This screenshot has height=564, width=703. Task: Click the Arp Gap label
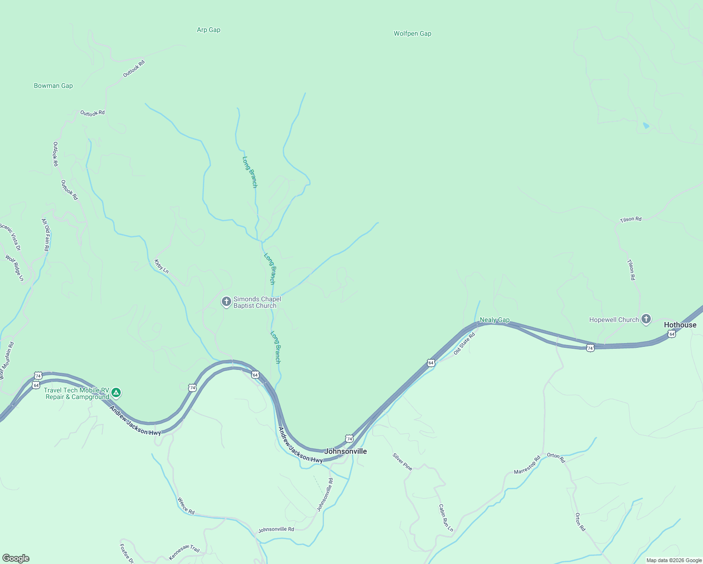(x=208, y=30)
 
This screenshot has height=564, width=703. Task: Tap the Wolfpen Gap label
(x=412, y=34)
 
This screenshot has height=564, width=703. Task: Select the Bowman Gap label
(x=53, y=86)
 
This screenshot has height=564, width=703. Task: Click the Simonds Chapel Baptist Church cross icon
(x=226, y=301)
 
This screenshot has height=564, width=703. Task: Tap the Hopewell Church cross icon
(x=646, y=320)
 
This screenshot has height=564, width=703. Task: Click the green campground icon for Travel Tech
(x=116, y=393)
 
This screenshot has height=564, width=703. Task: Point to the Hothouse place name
(x=680, y=325)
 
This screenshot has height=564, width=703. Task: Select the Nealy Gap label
(x=494, y=320)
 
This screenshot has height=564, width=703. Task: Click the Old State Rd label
(x=465, y=344)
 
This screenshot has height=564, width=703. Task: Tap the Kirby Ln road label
(x=161, y=266)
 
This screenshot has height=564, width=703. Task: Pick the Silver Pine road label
(x=402, y=462)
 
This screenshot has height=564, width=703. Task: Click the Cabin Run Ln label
(x=446, y=518)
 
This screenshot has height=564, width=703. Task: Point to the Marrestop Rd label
(x=527, y=465)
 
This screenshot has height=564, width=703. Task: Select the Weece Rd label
(x=186, y=505)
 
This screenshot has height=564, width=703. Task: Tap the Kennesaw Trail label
(x=184, y=553)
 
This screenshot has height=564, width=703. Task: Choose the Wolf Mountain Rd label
(x=7, y=360)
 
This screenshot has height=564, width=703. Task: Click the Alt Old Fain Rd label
(x=46, y=235)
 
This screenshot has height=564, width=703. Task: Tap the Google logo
(x=16, y=558)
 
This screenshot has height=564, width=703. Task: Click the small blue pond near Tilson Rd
(x=646, y=126)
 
